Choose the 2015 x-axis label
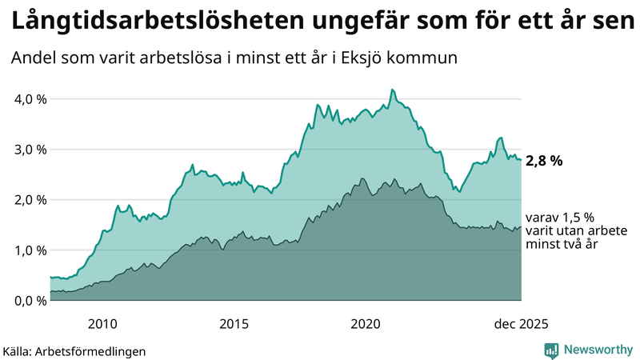234,324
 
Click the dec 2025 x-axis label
520,324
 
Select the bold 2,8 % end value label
544,161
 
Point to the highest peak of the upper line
391,90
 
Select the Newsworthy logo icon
551,350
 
